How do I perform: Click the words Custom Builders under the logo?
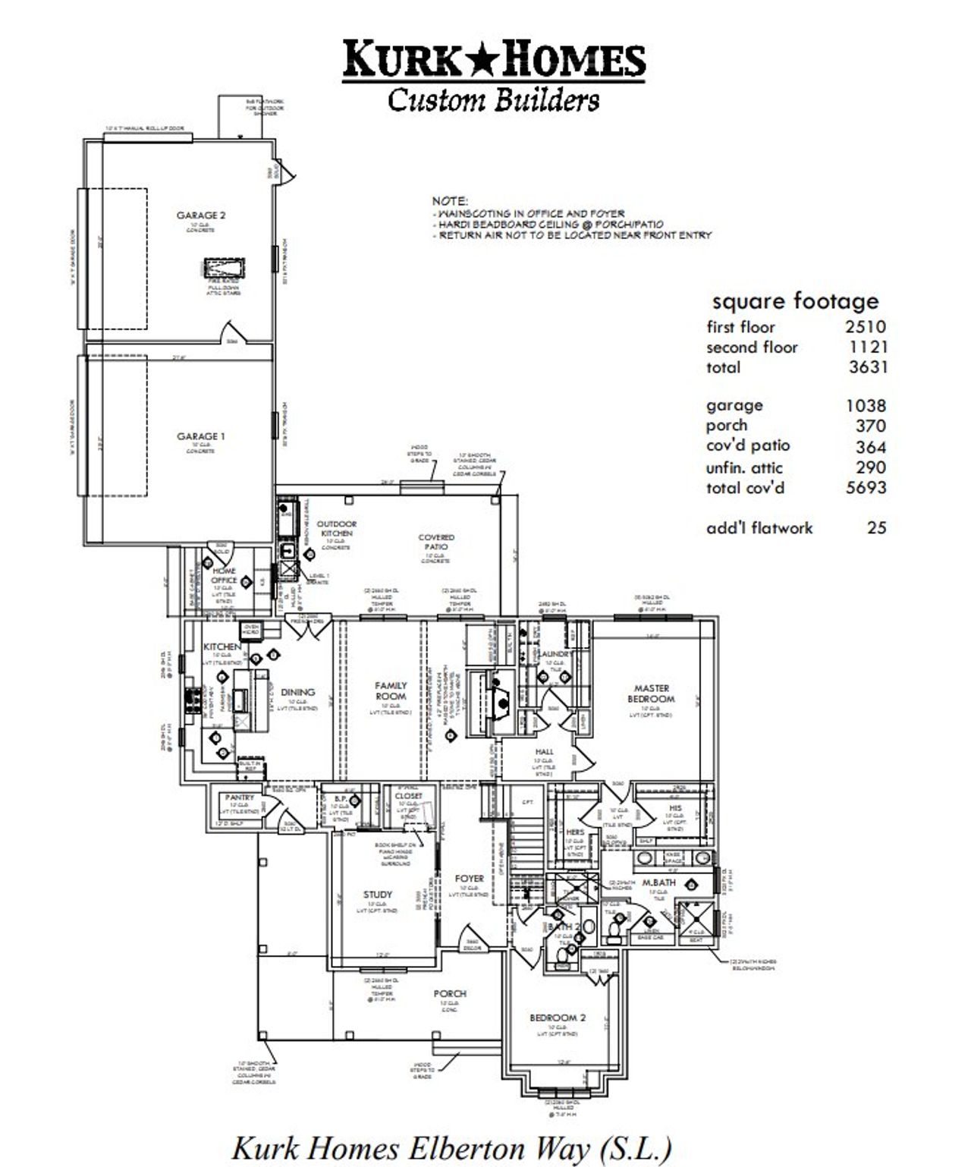coord(493,100)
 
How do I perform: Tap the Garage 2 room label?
coord(201,215)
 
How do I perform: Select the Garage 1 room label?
coord(201,436)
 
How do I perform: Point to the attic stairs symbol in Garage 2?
coord(224,269)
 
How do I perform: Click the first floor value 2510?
coord(865,327)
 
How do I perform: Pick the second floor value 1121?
coord(868,348)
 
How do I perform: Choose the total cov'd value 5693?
coord(866,487)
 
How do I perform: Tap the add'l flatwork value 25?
coord(876,527)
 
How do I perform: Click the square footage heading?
coord(794,301)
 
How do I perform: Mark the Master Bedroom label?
coord(652,694)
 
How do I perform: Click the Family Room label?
coord(391,690)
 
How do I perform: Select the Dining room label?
coord(297,692)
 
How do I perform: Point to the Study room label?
coord(377,895)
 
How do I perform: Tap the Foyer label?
coord(469,879)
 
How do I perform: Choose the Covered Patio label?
coord(436,542)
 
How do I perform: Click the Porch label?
coord(450,993)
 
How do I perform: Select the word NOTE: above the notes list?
coord(450,201)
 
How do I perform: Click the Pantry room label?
coord(239,797)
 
